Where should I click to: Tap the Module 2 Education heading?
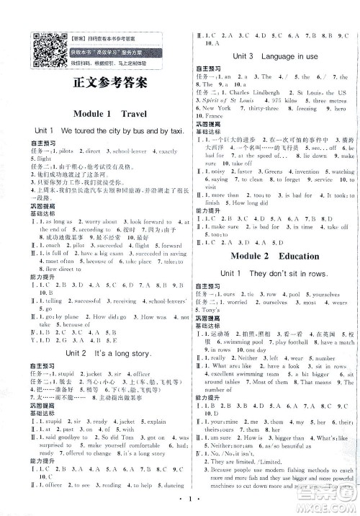point(273,255)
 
